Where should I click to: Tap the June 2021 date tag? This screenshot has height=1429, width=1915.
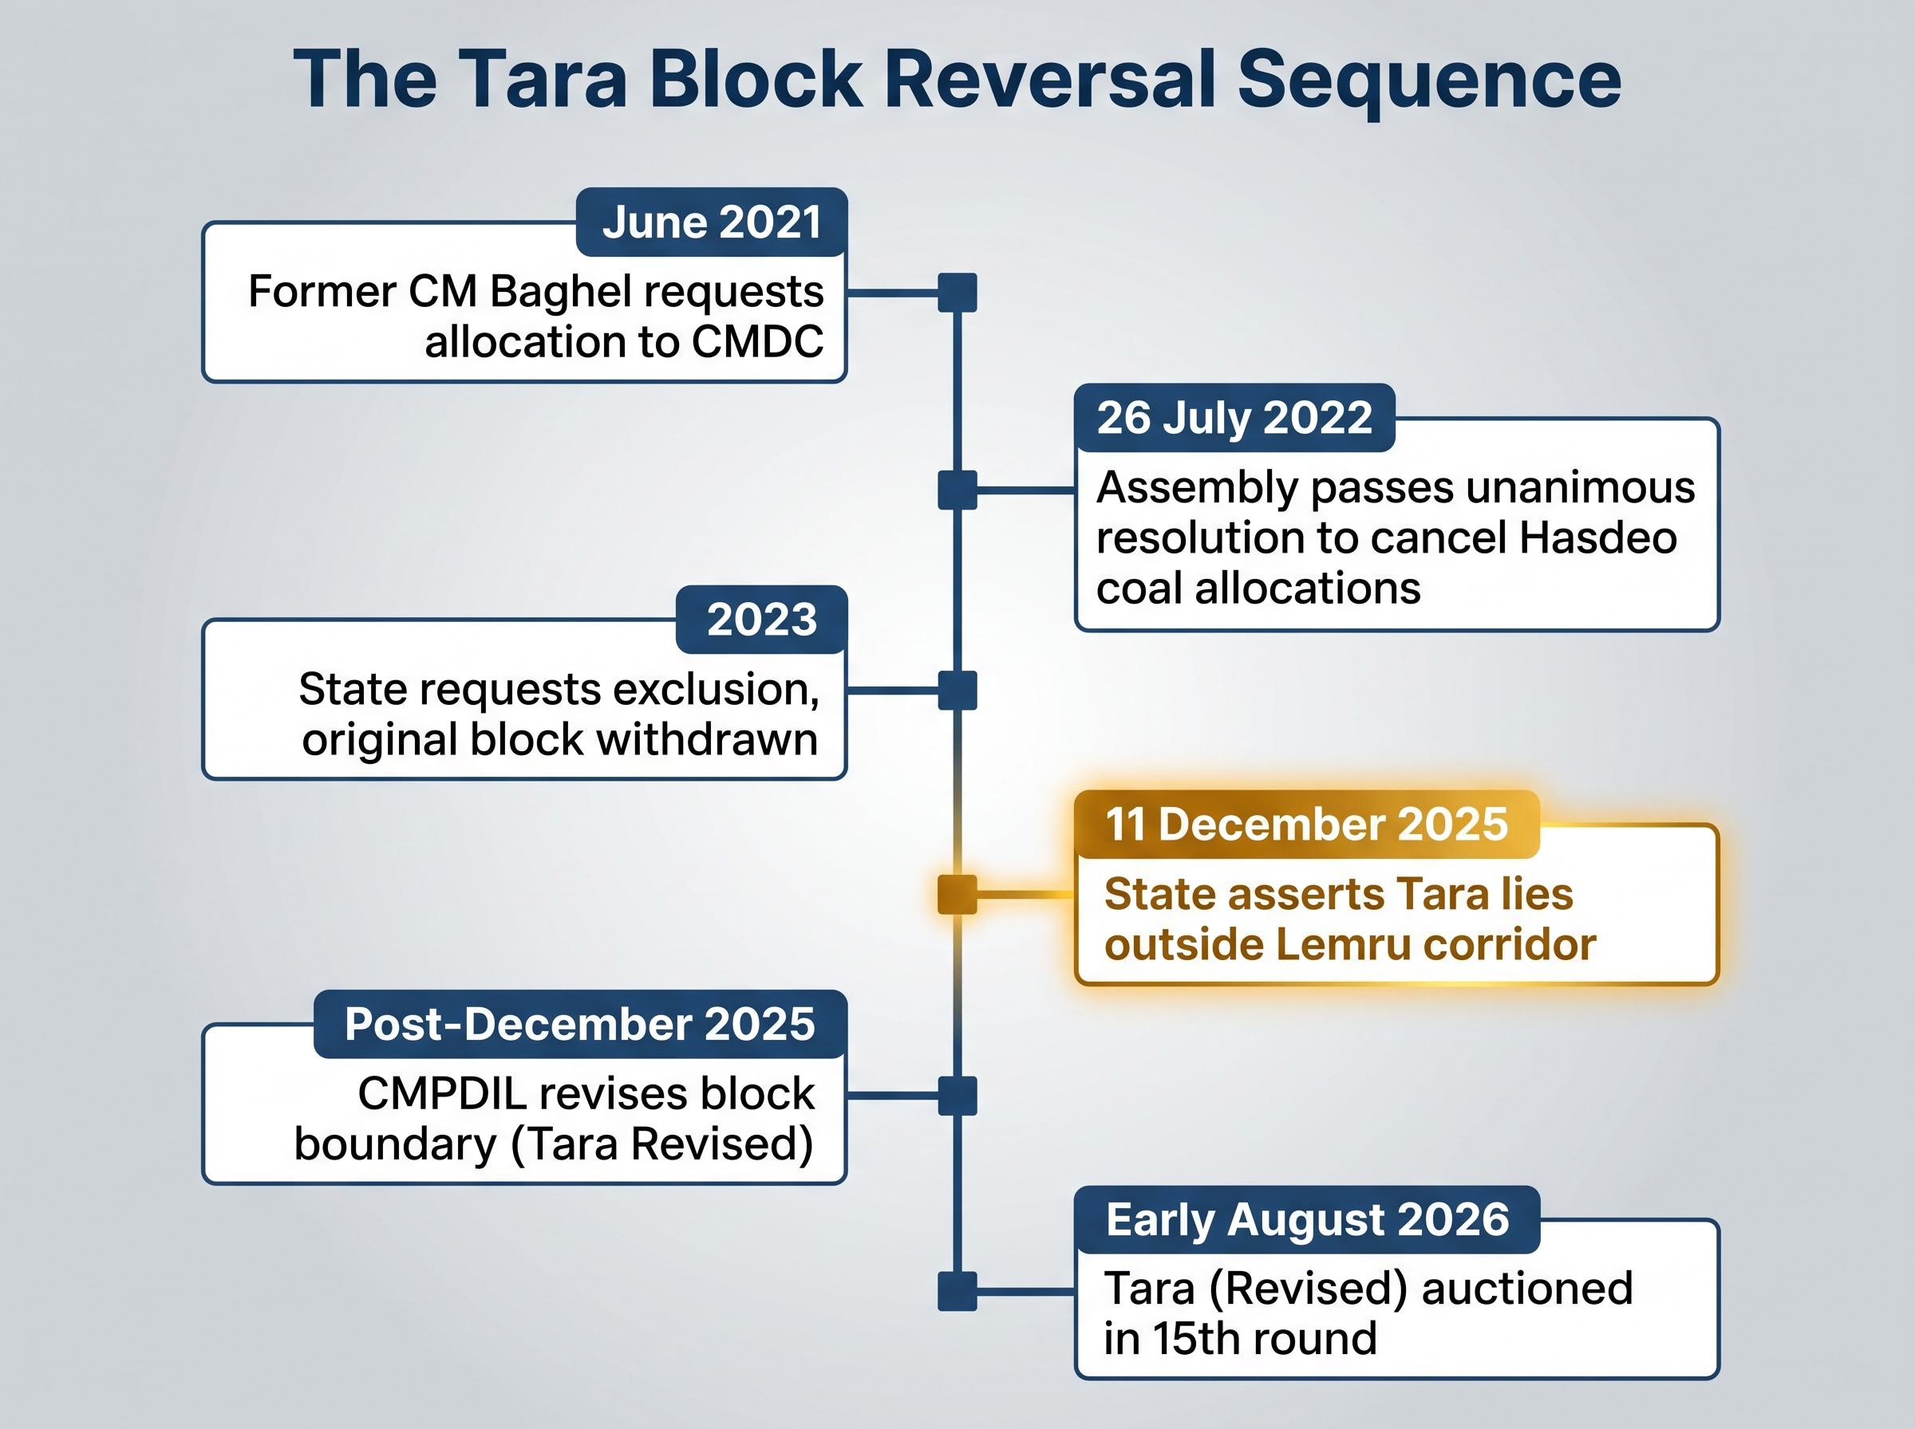pyautogui.click(x=711, y=222)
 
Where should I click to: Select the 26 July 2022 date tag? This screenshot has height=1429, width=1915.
pyautogui.click(x=1235, y=418)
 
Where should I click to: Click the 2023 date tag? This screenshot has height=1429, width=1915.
pyautogui.click(x=761, y=620)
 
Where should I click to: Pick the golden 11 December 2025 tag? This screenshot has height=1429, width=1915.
pyautogui.click(x=1307, y=825)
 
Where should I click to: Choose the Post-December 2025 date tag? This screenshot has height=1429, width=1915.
pyautogui.click(x=580, y=1024)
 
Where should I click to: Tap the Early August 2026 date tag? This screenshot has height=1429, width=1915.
pyautogui.click(x=1307, y=1219)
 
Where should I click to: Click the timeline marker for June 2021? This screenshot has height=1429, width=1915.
pyautogui.click(x=957, y=293)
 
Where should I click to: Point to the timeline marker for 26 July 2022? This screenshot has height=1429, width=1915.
pyautogui.click(x=957, y=490)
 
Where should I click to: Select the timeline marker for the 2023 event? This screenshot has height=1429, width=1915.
pyautogui.click(x=957, y=691)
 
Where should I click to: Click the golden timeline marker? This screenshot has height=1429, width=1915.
pyautogui.click(x=957, y=895)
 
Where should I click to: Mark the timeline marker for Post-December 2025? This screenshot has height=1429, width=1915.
pyautogui.click(x=957, y=1096)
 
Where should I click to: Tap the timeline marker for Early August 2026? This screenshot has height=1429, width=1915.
pyautogui.click(x=957, y=1292)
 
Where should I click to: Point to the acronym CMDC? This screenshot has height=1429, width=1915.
pyautogui.click(x=757, y=341)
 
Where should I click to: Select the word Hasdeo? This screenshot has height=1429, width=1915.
pyautogui.click(x=1598, y=538)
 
